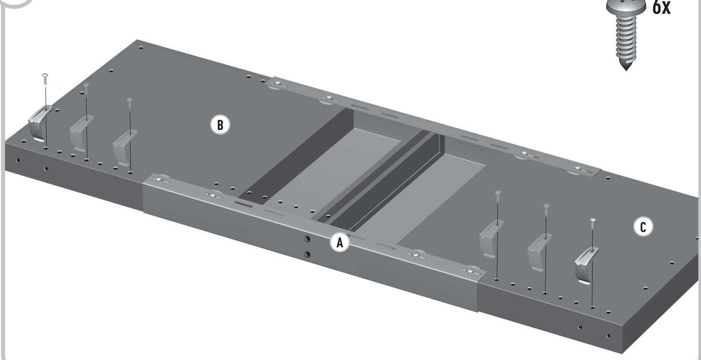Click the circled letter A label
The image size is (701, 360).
[x=340, y=243]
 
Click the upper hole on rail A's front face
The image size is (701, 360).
[x=307, y=239]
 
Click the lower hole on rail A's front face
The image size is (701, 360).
[x=307, y=254]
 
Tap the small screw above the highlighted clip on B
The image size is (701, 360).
[x=45, y=77]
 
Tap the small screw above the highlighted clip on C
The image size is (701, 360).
[x=593, y=221]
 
